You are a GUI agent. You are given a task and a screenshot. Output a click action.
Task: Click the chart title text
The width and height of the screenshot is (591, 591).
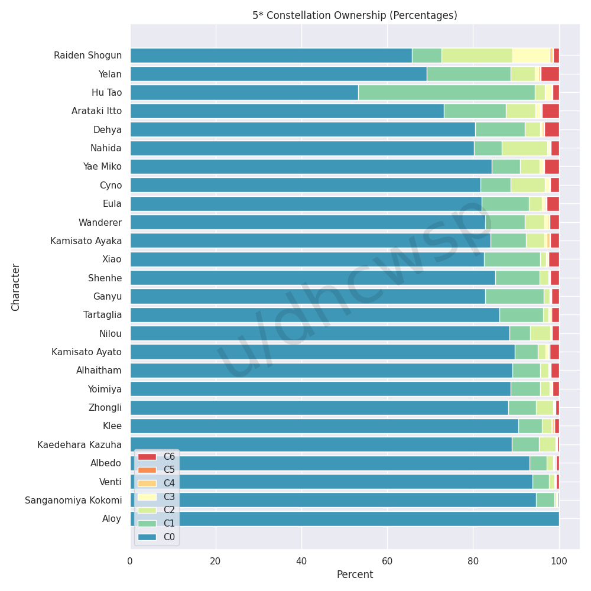tap(355, 15)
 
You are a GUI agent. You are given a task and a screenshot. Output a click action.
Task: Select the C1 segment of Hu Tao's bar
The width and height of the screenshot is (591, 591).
tap(446, 93)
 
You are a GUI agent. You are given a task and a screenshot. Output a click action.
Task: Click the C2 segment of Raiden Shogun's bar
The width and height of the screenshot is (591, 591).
tap(477, 56)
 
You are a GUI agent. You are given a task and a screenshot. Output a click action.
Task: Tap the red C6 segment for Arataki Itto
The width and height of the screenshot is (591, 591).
tap(550, 111)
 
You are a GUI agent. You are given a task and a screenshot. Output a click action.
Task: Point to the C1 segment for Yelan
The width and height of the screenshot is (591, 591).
tap(469, 74)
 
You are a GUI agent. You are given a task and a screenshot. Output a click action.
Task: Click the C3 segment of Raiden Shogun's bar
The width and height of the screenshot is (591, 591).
tap(531, 56)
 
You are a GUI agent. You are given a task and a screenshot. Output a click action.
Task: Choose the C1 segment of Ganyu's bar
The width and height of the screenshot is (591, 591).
tap(514, 297)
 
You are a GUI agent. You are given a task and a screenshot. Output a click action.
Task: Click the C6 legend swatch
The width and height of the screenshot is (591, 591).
tap(147, 457)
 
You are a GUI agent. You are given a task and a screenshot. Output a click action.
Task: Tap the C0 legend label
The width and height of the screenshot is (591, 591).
tap(169, 537)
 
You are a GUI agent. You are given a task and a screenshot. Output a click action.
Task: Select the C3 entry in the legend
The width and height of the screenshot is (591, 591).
tap(169, 497)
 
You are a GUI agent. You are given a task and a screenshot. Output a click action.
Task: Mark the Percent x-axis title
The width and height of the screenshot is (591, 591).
tap(355, 574)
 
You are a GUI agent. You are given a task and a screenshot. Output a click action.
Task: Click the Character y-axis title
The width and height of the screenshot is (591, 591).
tap(16, 287)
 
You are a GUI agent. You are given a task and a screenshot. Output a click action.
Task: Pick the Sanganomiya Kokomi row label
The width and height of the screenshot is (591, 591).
tap(73, 501)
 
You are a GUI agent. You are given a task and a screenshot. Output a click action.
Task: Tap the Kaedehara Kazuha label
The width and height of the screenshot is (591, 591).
tap(79, 445)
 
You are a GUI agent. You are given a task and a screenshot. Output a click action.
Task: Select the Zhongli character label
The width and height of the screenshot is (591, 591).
tap(105, 408)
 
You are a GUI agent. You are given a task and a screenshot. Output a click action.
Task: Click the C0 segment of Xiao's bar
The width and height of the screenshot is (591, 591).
tap(307, 259)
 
